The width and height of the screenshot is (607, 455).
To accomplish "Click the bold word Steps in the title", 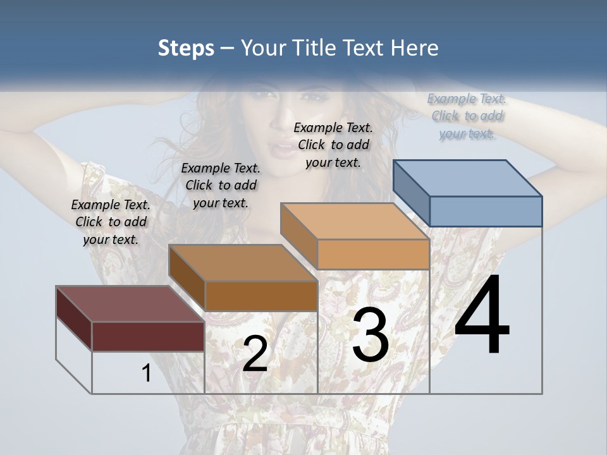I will tap(185, 48).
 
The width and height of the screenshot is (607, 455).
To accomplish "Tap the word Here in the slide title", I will tap(414, 48).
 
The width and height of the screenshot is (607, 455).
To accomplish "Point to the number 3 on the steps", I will tap(370, 335).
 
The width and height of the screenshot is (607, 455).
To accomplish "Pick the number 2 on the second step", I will tap(255, 354).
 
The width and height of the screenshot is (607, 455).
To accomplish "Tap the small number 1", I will tap(146, 373).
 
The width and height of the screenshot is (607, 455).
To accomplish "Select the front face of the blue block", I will tap(486, 211).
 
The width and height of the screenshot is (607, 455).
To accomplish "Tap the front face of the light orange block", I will tap(373, 254).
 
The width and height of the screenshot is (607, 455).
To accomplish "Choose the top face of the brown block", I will tap(243, 263).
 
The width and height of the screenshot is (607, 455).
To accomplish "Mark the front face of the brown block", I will tap(261, 296).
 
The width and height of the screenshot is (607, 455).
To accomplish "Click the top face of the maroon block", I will tap(130, 304).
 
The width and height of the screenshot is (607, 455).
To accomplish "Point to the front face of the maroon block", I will tap(148, 336).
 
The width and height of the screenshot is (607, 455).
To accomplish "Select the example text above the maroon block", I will tap(111, 222).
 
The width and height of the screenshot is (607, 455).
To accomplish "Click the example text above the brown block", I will tap(221, 185).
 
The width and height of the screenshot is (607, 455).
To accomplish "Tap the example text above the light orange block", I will tap(333, 145).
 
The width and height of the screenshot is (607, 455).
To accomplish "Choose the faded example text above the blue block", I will tap(467, 116).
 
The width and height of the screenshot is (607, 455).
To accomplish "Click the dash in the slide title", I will tap(228, 48).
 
